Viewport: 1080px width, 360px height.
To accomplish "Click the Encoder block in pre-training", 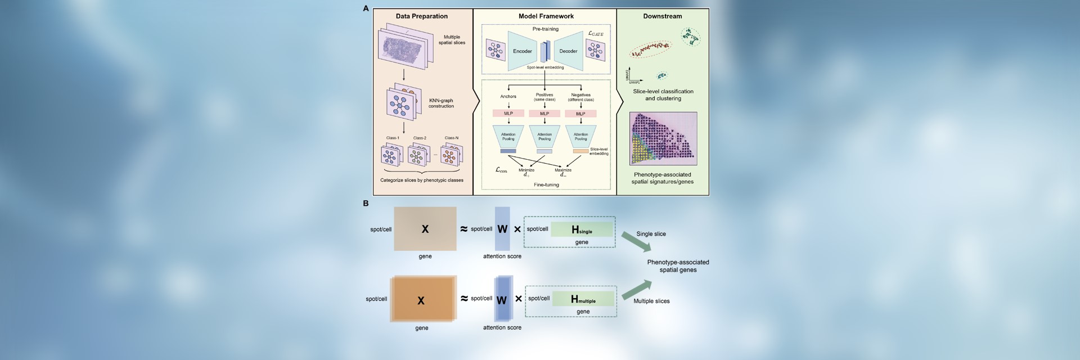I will (521, 51).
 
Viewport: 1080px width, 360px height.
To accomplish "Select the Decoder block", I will (568, 51).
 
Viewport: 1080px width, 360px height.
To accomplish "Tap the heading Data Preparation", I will (421, 16).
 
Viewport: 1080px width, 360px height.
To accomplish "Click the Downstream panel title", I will (662, 16).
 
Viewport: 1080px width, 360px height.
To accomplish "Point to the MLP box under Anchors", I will (508, 114).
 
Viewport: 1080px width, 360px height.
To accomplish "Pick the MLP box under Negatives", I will (580, 114).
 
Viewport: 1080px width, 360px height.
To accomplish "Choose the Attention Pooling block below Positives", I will (544, 137).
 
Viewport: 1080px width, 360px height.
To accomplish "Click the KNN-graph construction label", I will (441, 103).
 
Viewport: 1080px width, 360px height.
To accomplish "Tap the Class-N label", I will (451, 138).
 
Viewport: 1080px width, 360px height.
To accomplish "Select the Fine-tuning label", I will (546, 184).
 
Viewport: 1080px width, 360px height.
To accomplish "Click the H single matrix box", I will (582, 229).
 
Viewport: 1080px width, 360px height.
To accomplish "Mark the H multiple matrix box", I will (583, 299).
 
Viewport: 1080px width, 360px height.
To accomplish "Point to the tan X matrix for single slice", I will (425, 229).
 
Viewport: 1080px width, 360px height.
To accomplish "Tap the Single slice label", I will (651, 234).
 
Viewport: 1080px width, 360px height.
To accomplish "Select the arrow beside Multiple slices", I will (636, 289).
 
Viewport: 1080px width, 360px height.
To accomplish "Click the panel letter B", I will (366, 204).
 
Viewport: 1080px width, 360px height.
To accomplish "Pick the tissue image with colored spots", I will (663, 138).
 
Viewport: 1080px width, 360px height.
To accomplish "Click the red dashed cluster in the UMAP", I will (650, 49).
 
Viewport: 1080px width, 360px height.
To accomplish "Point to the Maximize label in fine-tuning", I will (562, 170).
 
